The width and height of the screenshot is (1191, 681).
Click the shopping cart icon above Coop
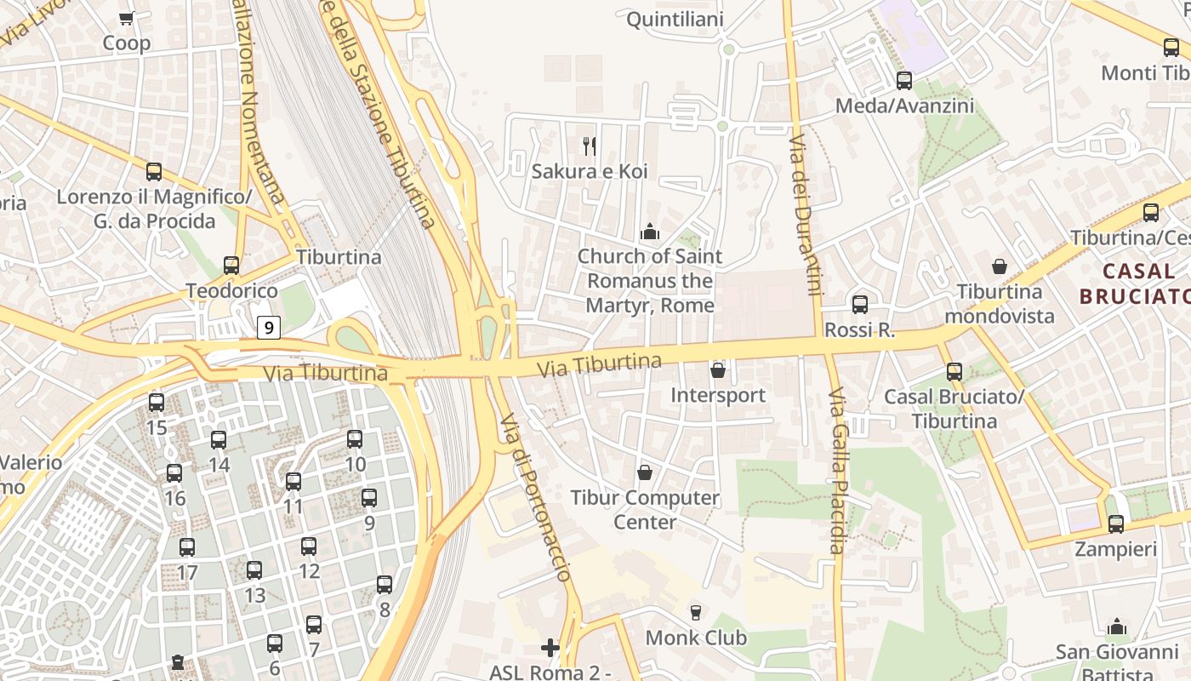pos(127,18)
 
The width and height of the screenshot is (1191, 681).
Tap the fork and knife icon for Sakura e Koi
pos(590,146)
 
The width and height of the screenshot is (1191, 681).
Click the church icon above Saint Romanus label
pos(650,232)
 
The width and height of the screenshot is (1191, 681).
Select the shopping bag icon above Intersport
pos(718,370)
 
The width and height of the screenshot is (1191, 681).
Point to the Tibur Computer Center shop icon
pos(645,472)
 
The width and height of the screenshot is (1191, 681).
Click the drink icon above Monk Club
pos(696,612)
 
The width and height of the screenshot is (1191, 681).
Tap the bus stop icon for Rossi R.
pos(860,305)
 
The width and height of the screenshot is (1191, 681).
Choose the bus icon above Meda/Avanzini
pos(904,81)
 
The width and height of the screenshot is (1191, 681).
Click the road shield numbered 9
pos(269,326)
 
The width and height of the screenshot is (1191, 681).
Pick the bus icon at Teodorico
pos(231,266)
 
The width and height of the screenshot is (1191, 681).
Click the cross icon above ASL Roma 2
pos(550,648)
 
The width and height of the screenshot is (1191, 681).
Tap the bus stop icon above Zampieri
pos(1116,524)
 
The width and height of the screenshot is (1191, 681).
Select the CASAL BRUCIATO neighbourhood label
pos(1133,283)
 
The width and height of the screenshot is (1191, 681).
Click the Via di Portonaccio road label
pos(535,497)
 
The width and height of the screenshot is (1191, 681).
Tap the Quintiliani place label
pos(675,20)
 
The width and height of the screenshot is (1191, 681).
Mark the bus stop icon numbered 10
pos(355,439)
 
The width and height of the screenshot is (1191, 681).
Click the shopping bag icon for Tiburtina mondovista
pos(999,266)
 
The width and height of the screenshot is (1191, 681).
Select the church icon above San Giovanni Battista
pos(1117,627)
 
